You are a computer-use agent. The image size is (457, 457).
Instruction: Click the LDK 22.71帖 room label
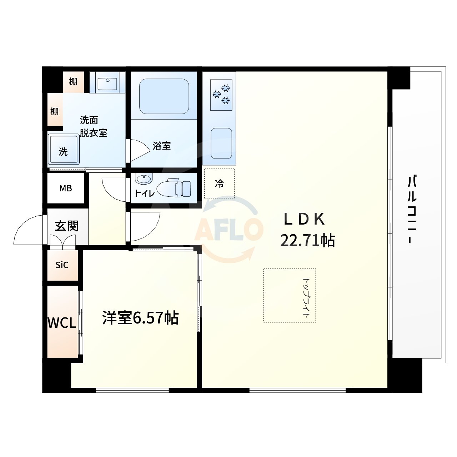click(x=307, y=230)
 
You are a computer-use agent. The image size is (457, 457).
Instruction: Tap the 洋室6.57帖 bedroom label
click(x=140, y=317)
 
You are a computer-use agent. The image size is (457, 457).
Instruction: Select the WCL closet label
click(x=62, y=323)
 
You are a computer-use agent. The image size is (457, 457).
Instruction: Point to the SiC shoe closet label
click(x=62, y=265)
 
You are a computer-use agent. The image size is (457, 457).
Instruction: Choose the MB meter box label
click(x=66, y=188)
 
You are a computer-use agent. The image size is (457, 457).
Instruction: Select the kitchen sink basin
click(x=221, y=143)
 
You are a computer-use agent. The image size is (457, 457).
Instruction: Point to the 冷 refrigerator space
click(x=219, y=184)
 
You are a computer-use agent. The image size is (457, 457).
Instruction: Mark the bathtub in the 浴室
click(x=164, y=96)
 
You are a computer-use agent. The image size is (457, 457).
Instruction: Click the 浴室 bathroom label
click(x=162, y=146)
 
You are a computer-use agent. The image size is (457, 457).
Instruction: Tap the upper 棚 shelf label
click(x=73, y=82)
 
